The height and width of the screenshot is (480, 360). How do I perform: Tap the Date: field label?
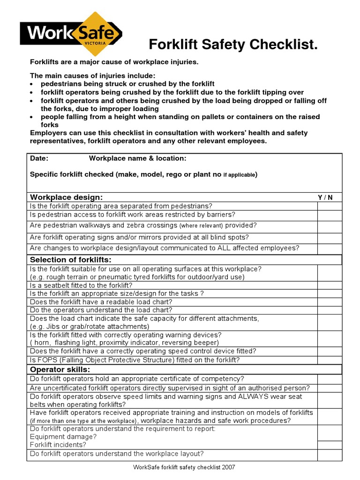point(39,158)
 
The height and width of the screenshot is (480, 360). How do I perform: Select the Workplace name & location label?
point(137,158)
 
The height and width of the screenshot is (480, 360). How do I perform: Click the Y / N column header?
point(325,197)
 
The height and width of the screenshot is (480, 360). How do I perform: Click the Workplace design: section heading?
point(66,197)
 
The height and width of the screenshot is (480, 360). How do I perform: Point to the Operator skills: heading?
point(60,369)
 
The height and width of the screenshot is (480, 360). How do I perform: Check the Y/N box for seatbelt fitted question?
point(330,285)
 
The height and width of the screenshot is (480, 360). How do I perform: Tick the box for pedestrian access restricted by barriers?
point(330,215)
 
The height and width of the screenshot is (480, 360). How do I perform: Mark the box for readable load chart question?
point(330,302)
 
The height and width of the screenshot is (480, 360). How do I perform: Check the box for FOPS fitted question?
point(330,360)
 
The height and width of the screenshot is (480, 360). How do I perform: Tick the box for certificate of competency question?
point(330,379)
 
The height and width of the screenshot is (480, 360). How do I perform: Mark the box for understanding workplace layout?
point(330,454)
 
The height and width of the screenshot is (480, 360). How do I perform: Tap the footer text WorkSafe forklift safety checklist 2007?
point(184,467)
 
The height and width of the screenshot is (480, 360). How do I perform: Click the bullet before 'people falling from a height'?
point(31,117)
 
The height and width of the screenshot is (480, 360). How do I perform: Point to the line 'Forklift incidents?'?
point(58,444)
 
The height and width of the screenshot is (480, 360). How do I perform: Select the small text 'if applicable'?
point(239,175)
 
